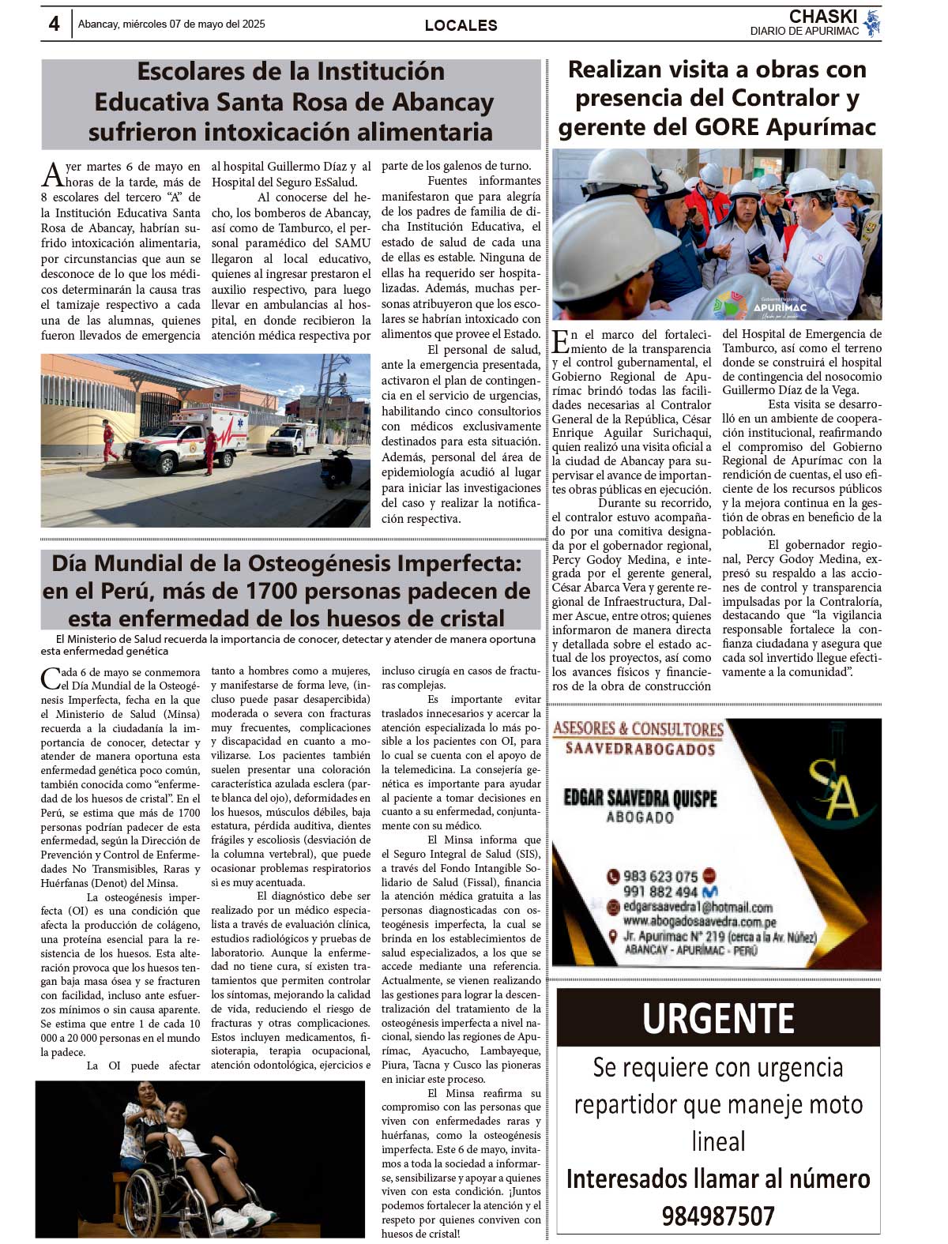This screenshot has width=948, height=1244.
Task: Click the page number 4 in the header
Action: (x=54, y=24)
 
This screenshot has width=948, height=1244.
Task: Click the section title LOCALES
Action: (x=461, y=25)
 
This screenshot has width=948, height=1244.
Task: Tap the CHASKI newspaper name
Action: (x=822, y=17)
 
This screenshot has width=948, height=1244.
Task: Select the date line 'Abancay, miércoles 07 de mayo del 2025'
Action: (x=171, y=24)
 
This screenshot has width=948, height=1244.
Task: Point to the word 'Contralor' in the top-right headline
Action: (x=796, y=98)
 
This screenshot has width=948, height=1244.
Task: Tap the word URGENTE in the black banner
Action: (x=718, y=1018)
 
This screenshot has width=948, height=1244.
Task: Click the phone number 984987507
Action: (x=718, y=1216)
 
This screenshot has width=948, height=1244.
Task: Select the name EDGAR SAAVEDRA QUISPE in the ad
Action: (x=640, y=798)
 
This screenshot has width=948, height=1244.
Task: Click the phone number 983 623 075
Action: (x=660, y=876)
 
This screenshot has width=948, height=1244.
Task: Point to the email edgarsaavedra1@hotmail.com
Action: (x=698, y=908)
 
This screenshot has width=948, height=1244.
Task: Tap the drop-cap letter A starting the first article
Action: (x=52, y=175)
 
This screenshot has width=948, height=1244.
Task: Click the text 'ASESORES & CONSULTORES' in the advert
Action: (x=638, y=728)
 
